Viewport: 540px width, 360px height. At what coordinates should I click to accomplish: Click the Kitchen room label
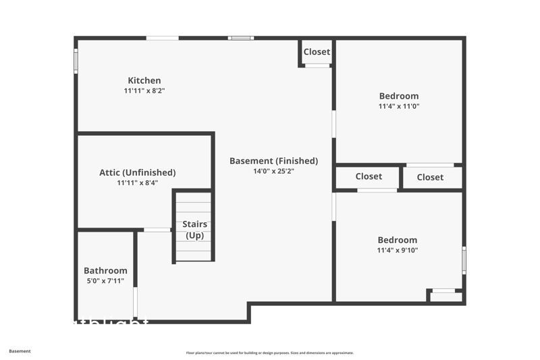point(144,80)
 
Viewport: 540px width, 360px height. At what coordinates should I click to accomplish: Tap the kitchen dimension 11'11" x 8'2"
point(144,91)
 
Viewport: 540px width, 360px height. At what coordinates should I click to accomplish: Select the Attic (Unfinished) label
point(137,172)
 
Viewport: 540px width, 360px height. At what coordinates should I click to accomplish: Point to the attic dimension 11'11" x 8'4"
point(137,182)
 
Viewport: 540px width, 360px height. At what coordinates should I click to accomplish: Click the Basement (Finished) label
point(273,161)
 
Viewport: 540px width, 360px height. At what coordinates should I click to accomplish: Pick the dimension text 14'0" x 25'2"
point(273,171)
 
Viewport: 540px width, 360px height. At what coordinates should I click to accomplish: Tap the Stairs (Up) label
point(194,230)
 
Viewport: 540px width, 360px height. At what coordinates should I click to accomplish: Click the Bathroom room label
point(105,271)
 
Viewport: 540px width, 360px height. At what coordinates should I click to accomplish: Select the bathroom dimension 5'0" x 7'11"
point(105,281)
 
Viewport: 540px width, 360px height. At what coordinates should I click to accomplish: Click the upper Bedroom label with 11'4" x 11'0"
point(398,96)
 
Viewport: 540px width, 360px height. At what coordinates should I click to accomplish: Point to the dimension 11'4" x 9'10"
point(398,251)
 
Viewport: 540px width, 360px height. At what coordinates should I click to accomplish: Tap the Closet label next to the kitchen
point(317,52)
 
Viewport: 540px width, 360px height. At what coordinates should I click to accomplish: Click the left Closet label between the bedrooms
point(369,176)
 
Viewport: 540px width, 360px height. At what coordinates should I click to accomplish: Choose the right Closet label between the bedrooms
point(430,177)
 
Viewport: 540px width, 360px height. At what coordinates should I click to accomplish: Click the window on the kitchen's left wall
point(76,59)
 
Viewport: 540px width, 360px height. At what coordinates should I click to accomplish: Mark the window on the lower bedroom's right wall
point(464,260)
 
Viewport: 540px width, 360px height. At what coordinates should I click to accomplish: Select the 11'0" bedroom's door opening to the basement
point(333,124)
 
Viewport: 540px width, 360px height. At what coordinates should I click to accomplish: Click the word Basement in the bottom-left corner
point(20,351)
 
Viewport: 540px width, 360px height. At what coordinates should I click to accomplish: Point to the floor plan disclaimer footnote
point(269,353)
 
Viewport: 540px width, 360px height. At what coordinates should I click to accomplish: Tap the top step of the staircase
point(194,197)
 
